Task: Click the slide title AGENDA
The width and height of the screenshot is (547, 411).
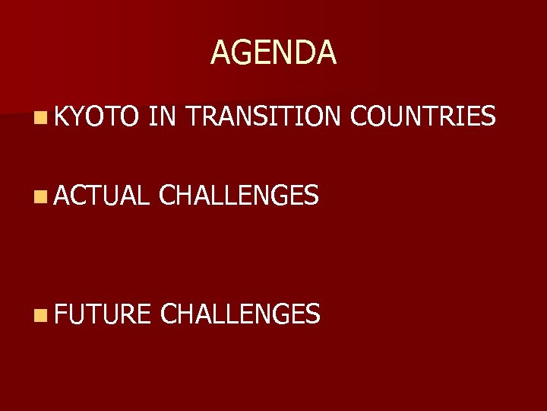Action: [x=273, y=53]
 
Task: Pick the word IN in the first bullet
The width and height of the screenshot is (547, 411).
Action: [x=163, y=116]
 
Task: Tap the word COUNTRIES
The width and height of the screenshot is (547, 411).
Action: [x=423, y=116]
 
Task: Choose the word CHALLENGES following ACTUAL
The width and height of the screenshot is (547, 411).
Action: [x=239, y=196]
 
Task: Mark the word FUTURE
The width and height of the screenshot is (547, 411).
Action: [x=103, y=313]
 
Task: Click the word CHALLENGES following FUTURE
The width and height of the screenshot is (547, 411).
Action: [x=241, y=313]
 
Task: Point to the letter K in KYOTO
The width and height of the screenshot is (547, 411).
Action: [x=61, y=116]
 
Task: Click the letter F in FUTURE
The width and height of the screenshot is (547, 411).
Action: [x=60, y=313]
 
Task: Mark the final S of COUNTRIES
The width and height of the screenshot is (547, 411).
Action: [x=489, y=116]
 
